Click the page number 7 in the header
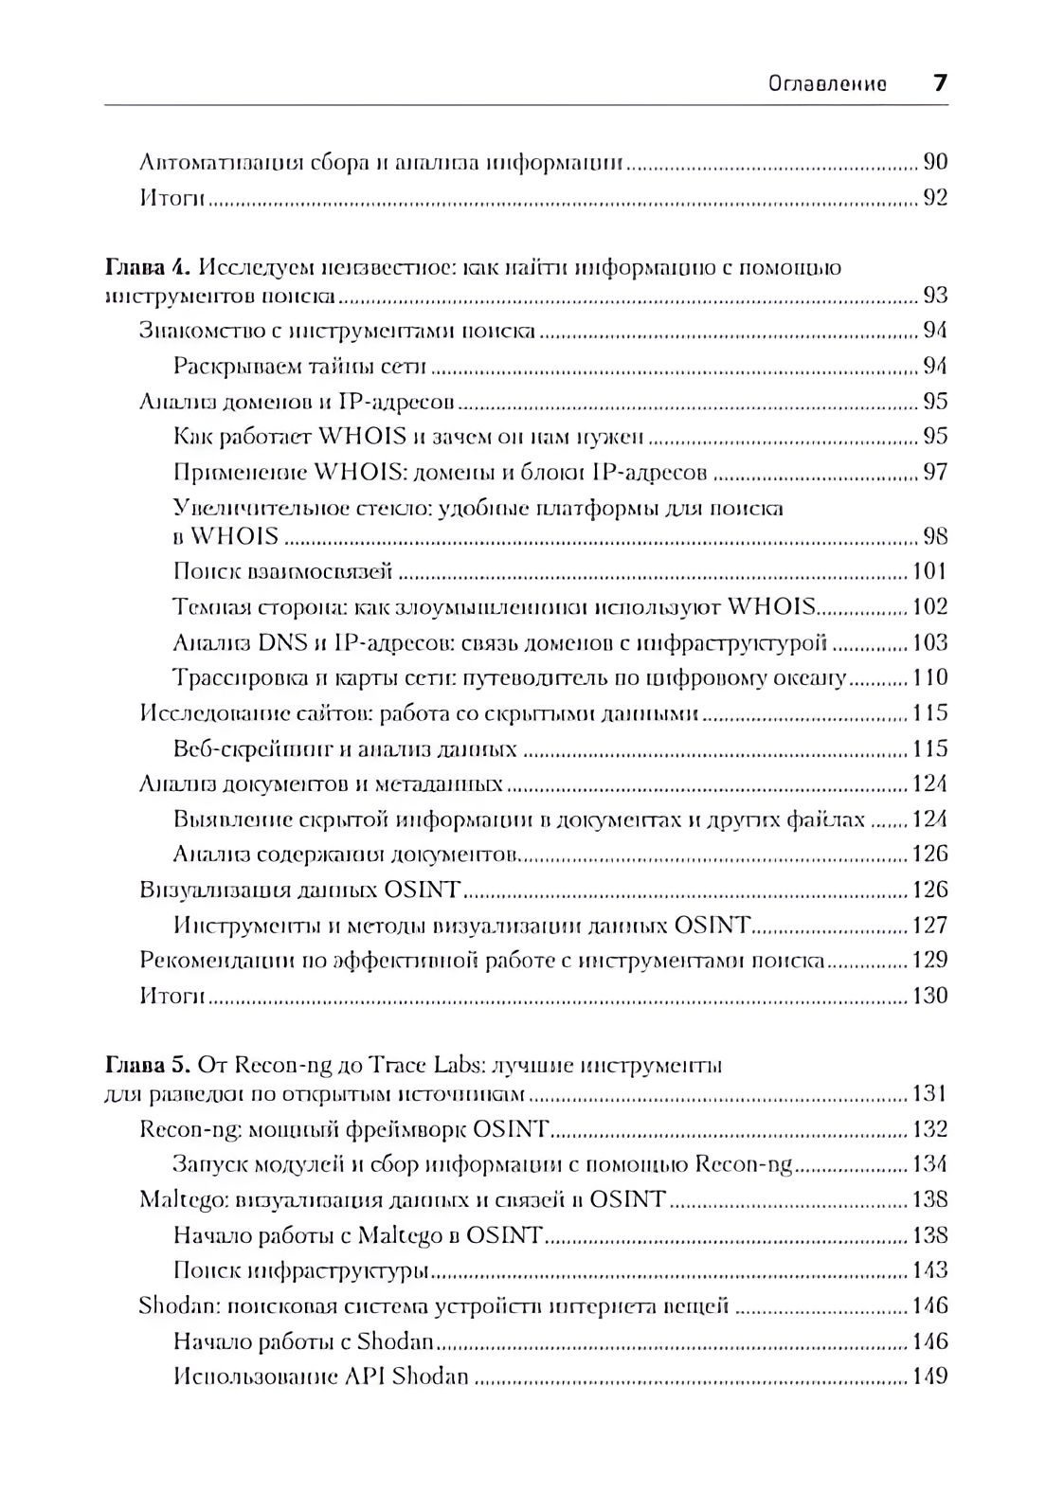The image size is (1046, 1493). pos(939,83)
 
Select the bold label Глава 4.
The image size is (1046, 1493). pos(148,268)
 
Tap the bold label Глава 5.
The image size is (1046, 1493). pos(148,1066)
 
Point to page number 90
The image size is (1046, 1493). pos(935,162)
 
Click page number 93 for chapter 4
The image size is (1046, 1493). pos(935,296)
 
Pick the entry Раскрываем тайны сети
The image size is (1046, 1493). pos(300,367)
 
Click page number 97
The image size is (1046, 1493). pos(935,472)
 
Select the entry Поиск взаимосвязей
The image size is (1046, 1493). pos(283,572)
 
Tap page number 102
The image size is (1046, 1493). pos(929,607)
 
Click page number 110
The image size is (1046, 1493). pos(929,678)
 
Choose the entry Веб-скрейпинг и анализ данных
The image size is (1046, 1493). pos(345,749)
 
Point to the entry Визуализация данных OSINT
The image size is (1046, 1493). pos(299,890)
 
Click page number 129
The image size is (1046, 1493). pos(929,961)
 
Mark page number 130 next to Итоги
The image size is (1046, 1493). pos(929,997)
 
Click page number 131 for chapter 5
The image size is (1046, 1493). pos(929,1095)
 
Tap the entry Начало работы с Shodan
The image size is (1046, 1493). pos(304,1342)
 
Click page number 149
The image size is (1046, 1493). pos(929,1377)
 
